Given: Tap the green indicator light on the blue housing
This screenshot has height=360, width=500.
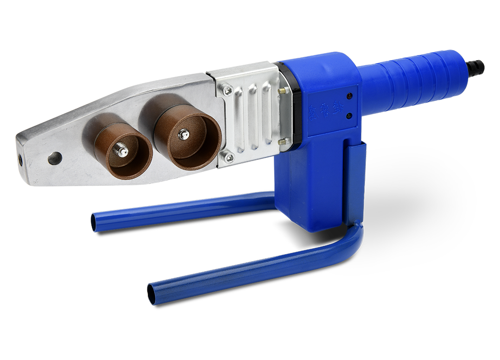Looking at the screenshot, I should tap(350, 115).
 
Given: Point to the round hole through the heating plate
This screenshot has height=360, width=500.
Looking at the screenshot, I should tap(55, 158).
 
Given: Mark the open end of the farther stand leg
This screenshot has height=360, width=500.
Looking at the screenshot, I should tap(95, 221).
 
